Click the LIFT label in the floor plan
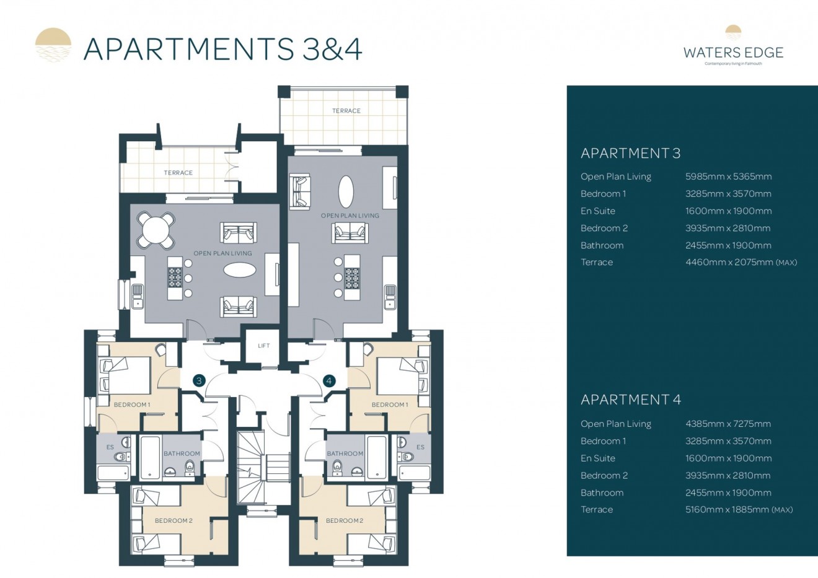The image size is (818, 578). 263,346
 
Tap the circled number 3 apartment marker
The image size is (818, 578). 199,380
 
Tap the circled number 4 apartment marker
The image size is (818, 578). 329,380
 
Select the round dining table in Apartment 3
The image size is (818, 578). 156,230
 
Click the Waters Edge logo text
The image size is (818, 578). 733,53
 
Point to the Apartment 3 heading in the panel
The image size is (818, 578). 630,153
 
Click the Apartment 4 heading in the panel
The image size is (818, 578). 630,400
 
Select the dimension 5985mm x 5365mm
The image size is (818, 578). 728,177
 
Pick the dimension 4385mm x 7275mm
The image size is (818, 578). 728,424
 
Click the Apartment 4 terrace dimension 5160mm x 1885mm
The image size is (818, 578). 738,510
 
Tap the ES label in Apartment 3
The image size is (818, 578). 110,447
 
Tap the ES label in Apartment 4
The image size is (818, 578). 420,447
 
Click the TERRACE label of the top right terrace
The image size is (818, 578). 346,111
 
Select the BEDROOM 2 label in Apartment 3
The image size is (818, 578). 174,520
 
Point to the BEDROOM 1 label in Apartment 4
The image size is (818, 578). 389,405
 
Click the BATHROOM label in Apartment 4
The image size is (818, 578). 345,453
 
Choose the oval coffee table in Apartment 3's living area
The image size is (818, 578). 239,270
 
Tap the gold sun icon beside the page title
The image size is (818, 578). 53,45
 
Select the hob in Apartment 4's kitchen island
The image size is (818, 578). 352,277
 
